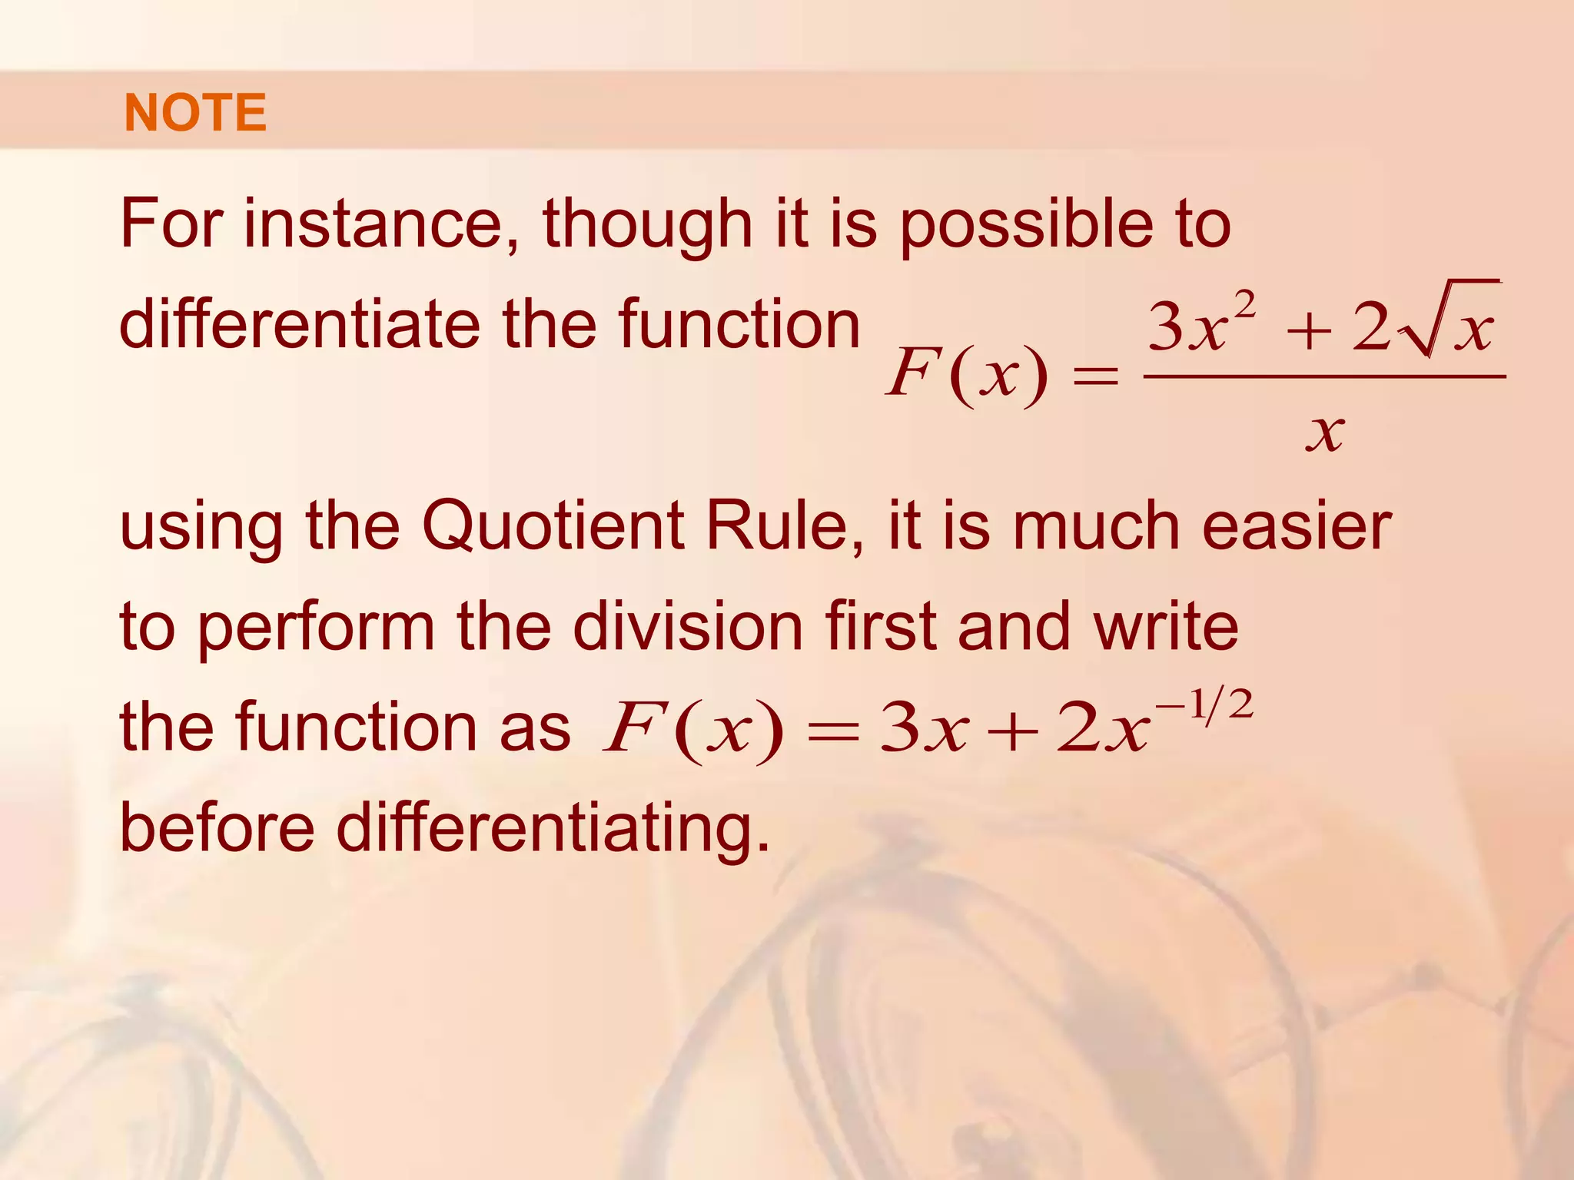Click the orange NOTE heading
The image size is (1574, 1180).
pos(195,113)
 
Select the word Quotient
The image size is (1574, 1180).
pos(553,527)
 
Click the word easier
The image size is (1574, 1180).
pos(1297,527)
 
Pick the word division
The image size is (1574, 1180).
pos(689,627)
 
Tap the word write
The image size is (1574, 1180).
pos(1166,627)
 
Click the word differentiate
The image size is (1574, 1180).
pos(300,324)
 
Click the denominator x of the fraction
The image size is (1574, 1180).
pos(1325,433)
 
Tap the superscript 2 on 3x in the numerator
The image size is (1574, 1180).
pos(1244,304)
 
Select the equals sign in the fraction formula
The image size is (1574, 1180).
pos(1095,376)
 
